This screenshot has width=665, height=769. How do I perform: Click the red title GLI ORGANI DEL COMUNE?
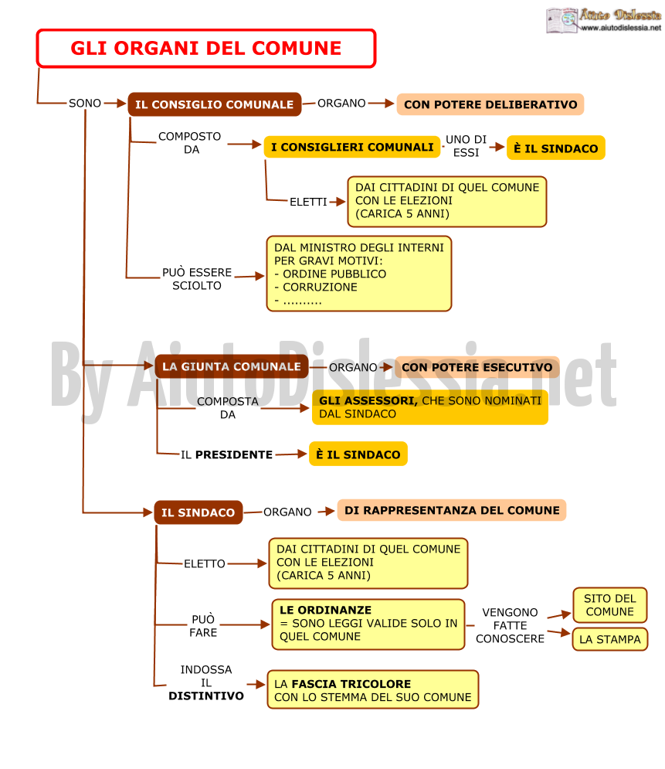click(205, 48)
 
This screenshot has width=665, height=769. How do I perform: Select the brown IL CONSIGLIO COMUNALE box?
click(215, 104)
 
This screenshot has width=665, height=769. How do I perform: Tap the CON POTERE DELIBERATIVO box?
click(490, 104)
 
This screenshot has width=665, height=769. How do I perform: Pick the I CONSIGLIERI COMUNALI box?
click(352, 147)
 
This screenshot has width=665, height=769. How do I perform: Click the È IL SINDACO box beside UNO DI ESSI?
click(556, 148)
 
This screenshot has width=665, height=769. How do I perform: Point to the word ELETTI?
click(308, 202)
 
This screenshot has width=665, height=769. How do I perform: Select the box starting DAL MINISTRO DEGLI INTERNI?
click(358, 274)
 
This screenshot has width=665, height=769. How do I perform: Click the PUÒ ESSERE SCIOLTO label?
click(197, 279)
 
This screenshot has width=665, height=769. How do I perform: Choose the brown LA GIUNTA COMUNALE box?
click(231, 366)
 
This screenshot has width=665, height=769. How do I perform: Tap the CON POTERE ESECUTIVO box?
click(477, 367)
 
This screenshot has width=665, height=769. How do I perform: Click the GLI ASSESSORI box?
click(429, 407)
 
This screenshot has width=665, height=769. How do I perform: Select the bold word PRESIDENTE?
click(234, 454)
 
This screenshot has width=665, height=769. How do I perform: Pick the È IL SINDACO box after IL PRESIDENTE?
click(358, 454)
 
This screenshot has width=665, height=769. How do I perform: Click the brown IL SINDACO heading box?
click(198, 512)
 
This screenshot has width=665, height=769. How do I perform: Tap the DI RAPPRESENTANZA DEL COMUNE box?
click(452, 511)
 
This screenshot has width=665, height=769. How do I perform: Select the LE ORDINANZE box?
click(368, 624)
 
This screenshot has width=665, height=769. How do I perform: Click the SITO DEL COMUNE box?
click(609, 605)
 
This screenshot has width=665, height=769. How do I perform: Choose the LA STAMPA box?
click(609, 639)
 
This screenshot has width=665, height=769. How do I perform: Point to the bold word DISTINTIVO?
click(205, 696)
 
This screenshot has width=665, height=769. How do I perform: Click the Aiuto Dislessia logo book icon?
click(562, 20)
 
